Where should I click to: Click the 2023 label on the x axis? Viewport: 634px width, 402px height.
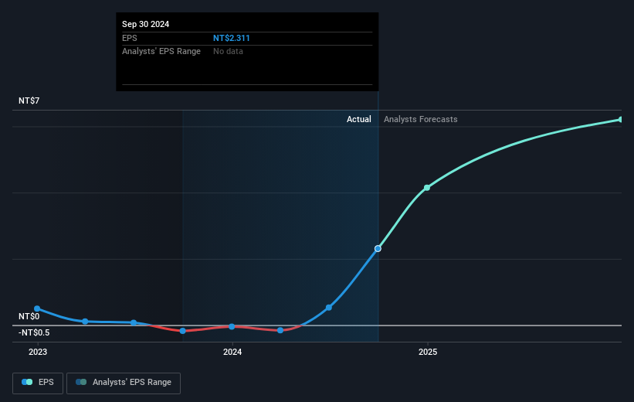coord(38,352)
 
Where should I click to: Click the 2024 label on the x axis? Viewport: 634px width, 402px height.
coord(232,352)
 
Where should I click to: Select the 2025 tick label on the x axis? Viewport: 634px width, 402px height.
coord(428,352)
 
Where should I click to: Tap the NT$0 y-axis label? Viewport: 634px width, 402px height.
coord(29,316)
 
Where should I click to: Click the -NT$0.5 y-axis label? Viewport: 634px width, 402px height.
coord(35,332)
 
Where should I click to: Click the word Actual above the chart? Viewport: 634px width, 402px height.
coord(359,119)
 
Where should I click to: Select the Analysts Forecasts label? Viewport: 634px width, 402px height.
coord(420,119)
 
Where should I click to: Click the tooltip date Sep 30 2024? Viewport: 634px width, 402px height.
coord(145,24)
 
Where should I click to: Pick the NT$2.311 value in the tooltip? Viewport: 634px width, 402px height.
coord(232,37)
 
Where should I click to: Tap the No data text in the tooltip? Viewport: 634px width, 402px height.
coord(229,51)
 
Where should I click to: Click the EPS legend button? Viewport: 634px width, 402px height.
coord(38,382)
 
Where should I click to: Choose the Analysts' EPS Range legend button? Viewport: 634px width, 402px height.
coord(124,382)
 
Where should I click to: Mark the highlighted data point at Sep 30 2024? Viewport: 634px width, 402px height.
coord(378,248)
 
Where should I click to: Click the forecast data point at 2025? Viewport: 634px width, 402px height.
coord(427,188)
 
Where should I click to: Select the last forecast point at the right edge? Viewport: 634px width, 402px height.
coord(621,119)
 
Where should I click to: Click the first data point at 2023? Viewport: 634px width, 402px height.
coord(37,308)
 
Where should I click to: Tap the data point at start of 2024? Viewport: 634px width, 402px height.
coord(232,326)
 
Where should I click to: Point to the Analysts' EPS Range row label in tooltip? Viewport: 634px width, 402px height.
coord(161,51)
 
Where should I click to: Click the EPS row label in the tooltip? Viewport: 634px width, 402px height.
coord(129,37)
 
